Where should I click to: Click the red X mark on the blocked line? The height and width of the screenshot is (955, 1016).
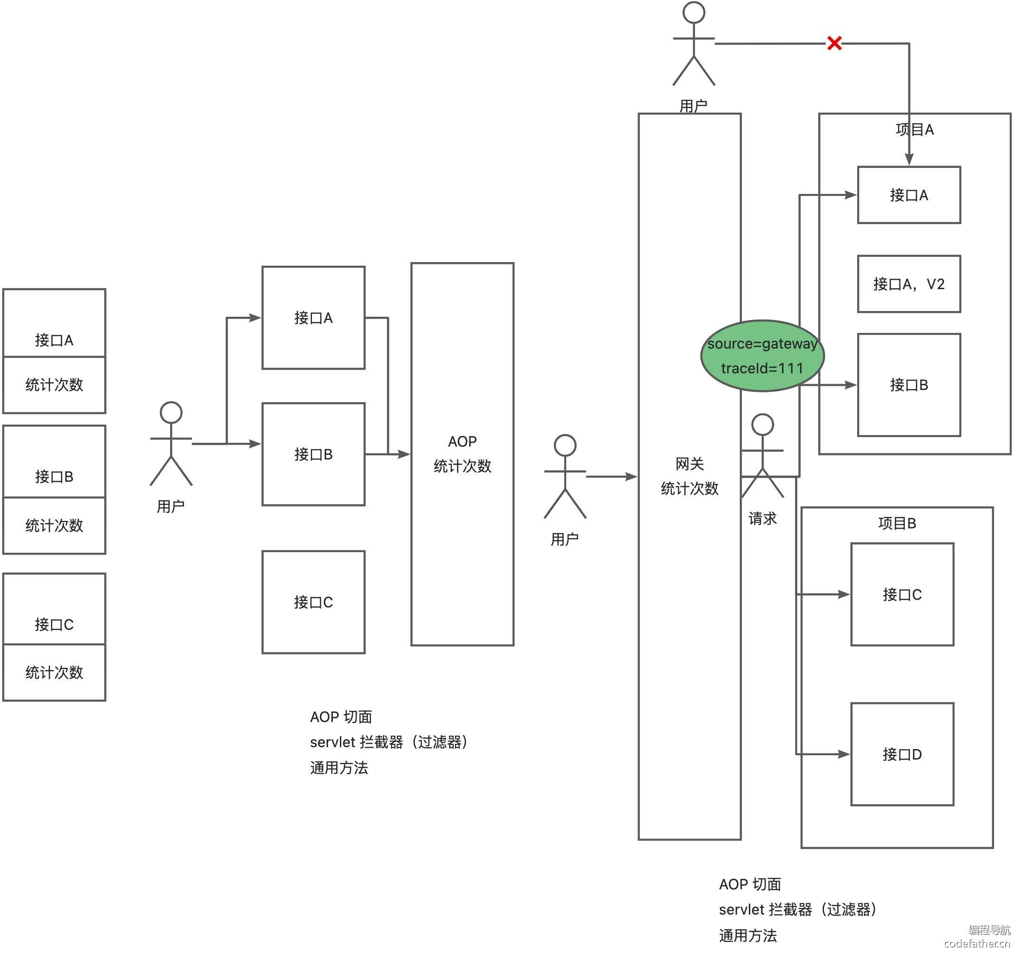point(834,43)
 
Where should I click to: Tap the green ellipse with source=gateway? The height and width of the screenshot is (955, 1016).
point(762,356)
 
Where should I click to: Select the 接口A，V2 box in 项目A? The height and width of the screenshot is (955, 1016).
point(909,284)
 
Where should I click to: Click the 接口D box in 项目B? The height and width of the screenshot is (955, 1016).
point(902,754)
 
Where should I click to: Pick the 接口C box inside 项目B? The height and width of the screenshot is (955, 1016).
point(902,594)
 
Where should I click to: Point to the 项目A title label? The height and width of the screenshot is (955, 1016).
point(915,129)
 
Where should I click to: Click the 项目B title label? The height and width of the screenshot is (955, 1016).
point(897,523)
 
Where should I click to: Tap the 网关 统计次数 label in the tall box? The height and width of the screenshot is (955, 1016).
point(689,476)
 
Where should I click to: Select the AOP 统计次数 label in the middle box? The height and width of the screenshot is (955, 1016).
point(462,453)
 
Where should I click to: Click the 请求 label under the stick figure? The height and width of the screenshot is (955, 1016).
point(762,518)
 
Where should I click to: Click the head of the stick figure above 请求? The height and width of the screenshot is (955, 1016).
point(763,425)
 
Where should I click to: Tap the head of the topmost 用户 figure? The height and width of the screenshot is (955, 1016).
point(694,12)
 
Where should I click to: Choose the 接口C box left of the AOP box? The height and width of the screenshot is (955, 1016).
point(313,602)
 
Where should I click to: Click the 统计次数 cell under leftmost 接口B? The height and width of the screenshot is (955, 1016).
point(54,526)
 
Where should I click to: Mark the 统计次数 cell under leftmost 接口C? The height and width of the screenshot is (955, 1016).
point(54,672)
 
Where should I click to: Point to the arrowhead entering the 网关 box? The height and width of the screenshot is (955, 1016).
point(632,477)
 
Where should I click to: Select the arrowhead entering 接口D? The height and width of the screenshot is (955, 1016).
point(844,754)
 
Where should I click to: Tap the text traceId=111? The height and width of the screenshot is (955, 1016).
point(762,368)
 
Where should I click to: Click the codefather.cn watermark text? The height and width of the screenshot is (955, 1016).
point(977,943)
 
